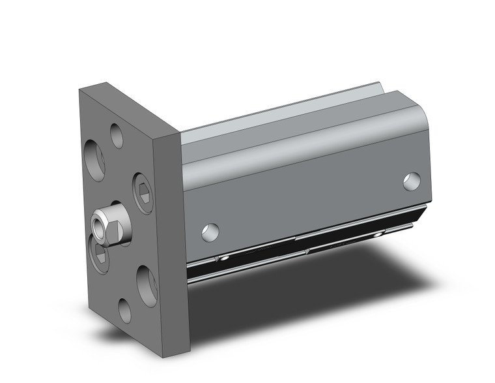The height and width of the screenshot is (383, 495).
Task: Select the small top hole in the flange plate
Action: (117, 136)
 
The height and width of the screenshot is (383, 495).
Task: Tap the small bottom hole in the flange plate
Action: (124, 311)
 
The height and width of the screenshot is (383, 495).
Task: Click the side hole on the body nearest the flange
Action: (210, 232)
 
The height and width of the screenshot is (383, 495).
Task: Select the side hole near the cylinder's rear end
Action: (411, 181)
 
